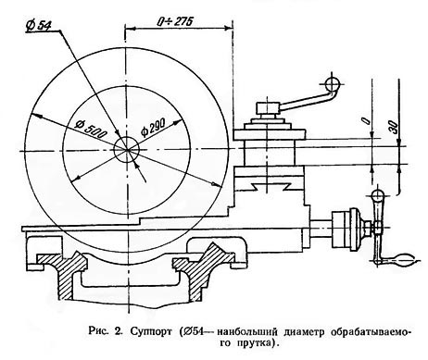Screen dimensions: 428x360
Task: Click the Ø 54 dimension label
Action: [x=39, y=26]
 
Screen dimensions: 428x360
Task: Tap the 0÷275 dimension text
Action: [x=175, y=21]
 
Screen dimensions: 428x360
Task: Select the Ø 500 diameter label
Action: [x=91, y=130]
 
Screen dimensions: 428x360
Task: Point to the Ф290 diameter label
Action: [x=153, y=128]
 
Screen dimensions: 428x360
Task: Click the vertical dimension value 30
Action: [x=394, y=127]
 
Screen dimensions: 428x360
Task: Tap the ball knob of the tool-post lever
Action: [x=333, y=82]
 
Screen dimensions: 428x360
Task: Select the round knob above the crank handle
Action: [x=378, y=196]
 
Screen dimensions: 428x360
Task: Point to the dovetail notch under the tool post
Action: [x=271, y=186]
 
